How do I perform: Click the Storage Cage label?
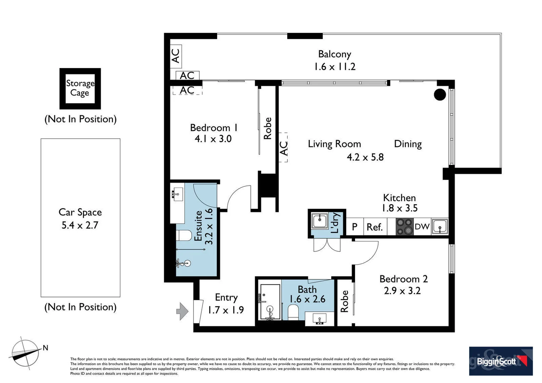(80, 88)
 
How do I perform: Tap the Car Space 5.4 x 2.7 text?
(80, 218)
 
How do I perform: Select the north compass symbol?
(26, 354)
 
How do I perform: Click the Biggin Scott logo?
(501, 361)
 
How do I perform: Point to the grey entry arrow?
(182, 311)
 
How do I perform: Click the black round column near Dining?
(440, 94)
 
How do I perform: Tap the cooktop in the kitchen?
(405, 227)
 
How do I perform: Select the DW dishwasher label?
(422, 227)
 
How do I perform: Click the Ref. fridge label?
(375, 227)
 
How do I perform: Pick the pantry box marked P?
(355, 227)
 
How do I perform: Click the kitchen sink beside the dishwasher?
(440, 226)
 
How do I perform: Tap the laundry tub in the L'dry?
(320, 221)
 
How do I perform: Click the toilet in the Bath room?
(293, 312)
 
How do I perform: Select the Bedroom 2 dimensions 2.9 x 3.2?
(402, 290)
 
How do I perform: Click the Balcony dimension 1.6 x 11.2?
(334, 67)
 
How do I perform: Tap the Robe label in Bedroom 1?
(267, 128)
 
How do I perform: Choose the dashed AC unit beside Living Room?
(283, 147)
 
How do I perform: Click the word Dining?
(408, 144)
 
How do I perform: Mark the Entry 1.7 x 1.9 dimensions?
(226, 310)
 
